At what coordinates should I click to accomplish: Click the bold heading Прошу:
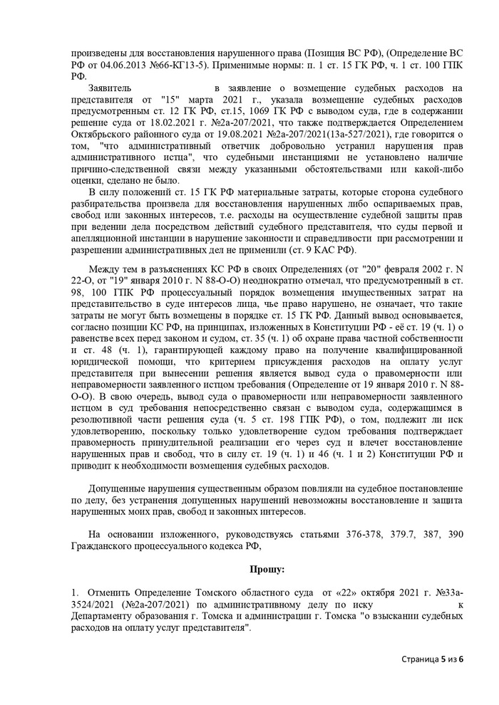tap(267, 570)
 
